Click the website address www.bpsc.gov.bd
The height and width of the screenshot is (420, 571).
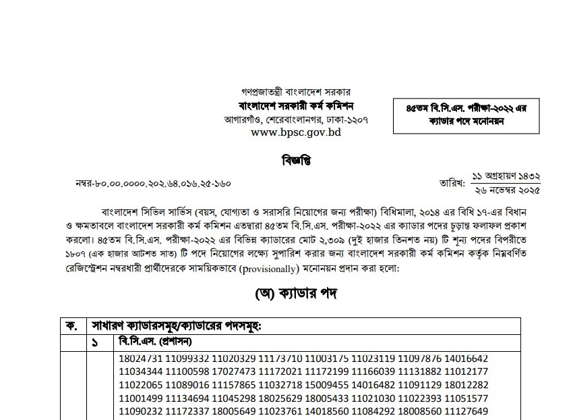tap(296, 132)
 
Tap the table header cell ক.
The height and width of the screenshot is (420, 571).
tap(71, 325)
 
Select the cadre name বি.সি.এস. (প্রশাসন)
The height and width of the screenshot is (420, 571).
tap(156, 342)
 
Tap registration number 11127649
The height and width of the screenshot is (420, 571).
tap(465, 411)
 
